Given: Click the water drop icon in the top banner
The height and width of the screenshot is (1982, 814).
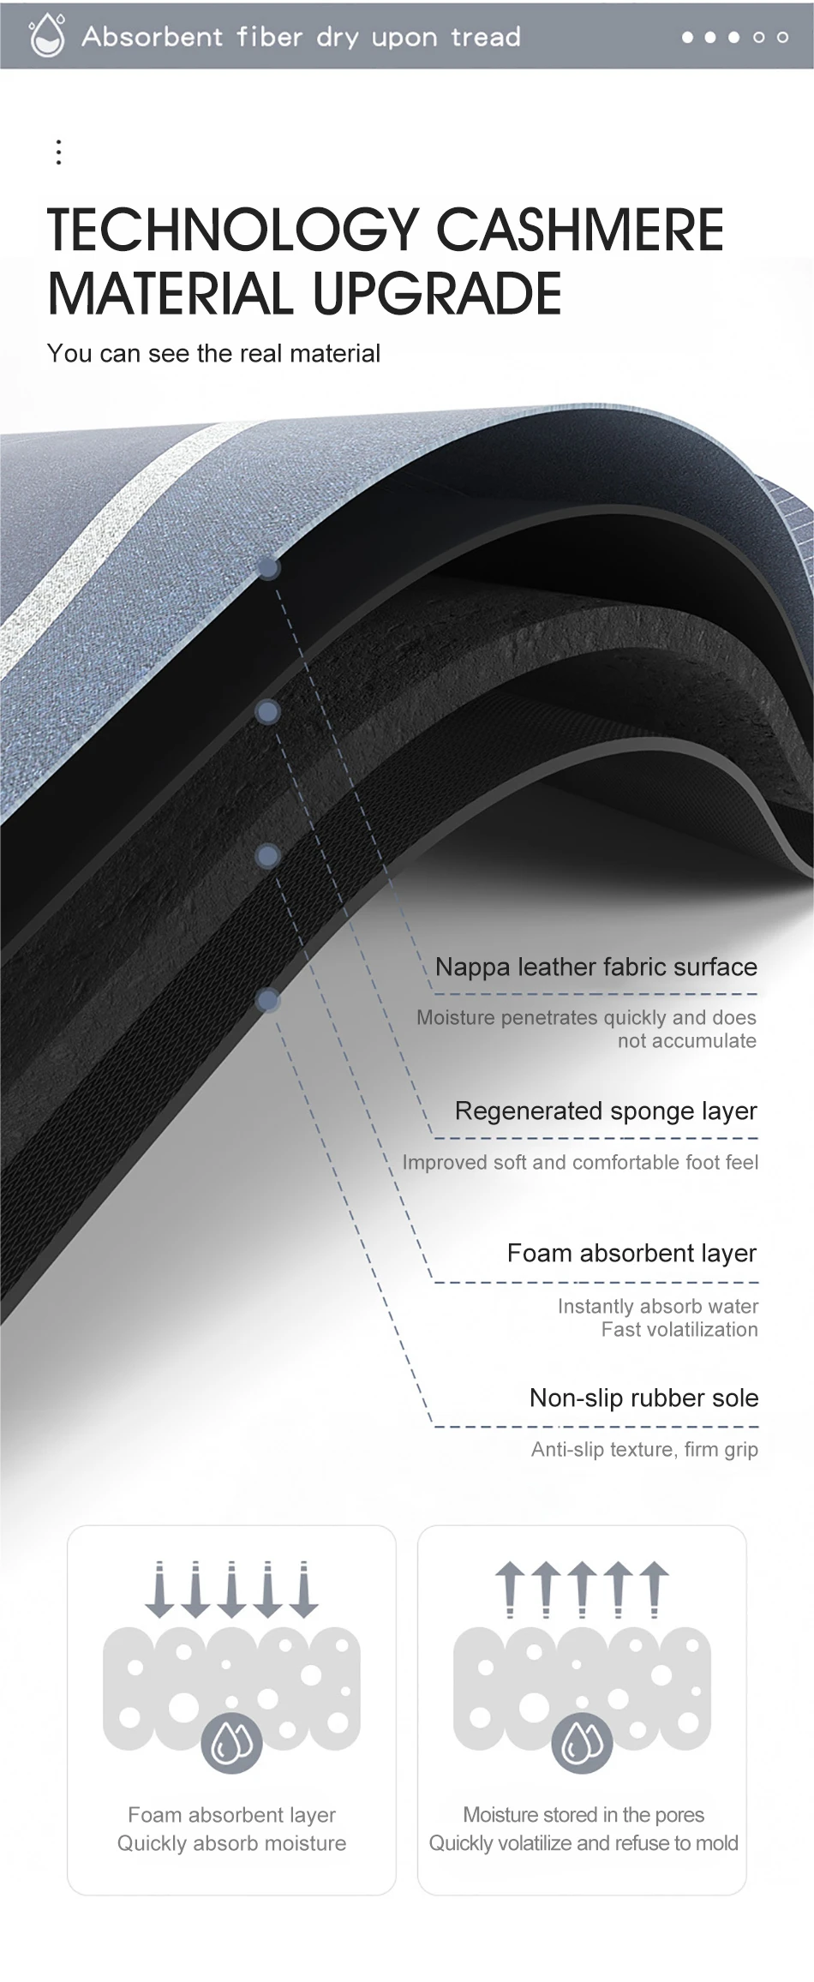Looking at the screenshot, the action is point(46,36).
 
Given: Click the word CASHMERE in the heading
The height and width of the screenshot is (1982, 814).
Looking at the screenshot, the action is point(580,231).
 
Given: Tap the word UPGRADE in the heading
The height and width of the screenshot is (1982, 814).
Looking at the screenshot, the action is point(437,294).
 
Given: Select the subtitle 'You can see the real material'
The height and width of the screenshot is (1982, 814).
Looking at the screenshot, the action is point(213,353).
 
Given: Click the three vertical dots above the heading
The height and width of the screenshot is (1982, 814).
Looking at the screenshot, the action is point(58,152).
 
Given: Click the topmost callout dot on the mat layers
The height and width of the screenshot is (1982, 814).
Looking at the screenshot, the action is point(268,567).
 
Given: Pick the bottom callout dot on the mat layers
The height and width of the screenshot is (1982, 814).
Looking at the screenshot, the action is point(268,999).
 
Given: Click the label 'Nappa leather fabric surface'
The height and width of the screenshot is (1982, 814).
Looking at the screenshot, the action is point(596,967).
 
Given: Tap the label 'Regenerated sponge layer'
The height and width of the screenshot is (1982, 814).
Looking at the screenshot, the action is point(606,1111).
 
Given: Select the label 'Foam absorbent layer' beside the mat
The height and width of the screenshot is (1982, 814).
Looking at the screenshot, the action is point(631,1253).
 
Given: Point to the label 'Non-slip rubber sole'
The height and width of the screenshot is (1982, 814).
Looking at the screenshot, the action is point(643,1398).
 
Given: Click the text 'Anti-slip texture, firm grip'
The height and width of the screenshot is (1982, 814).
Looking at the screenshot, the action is point(644,1449).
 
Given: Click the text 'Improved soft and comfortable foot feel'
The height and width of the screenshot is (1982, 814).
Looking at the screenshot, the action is point(580,1162).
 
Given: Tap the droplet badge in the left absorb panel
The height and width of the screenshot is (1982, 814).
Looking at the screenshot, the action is point(231,1742).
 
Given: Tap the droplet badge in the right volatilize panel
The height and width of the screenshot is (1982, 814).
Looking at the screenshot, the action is point(582,1742).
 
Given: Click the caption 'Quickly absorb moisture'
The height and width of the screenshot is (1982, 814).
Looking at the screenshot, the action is point(231,1842).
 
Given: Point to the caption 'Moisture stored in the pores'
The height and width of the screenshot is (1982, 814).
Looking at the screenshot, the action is point(584,1814).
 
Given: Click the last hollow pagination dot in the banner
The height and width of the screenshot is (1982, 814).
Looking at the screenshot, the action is point(782,37).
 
